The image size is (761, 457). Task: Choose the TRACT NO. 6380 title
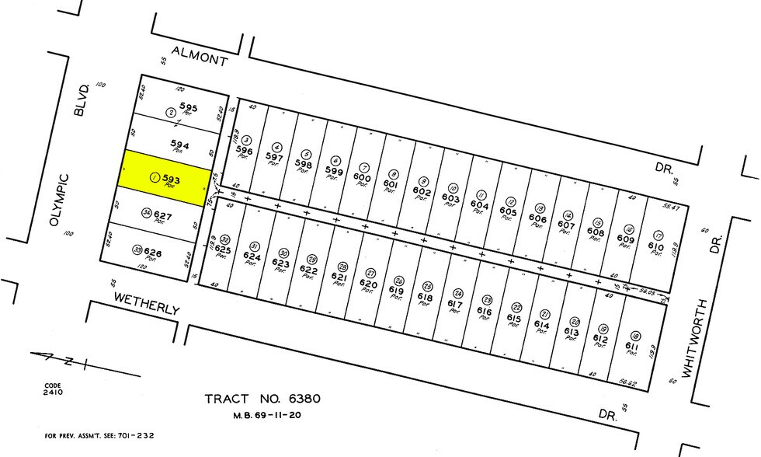[x=262, y=399]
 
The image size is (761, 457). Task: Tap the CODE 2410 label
[x=54, y=389]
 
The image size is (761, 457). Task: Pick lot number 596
[x=245, y=150]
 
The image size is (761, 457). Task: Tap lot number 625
[x=224, y=249]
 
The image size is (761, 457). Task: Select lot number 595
[x=188, y=106]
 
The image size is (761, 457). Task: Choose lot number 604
[x=480, y=205]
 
